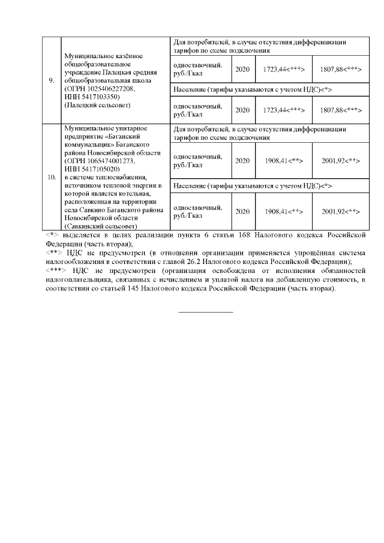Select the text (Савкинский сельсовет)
point(100,226)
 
